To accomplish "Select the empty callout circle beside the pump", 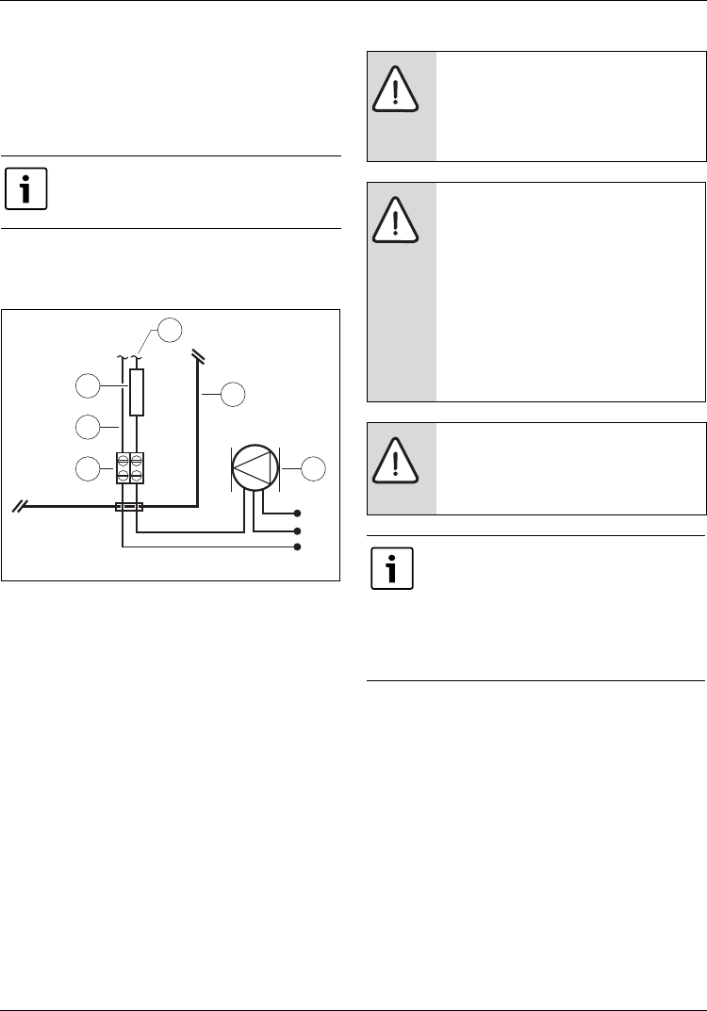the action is click(314, 466).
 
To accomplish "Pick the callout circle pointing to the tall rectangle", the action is click(87, 386).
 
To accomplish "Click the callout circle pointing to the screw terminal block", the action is click(87, 466).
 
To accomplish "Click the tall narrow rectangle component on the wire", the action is click(137, 393).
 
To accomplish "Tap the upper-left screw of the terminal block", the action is click(123, 460).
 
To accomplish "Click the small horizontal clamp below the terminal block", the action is click(129, 507).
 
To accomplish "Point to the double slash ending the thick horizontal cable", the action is click(18, 507).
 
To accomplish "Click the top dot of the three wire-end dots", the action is click(299, 514).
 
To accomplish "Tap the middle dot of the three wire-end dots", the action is click(299, 531).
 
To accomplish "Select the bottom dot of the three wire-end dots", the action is click(299, 546).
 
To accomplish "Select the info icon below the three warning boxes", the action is click(391, 571).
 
